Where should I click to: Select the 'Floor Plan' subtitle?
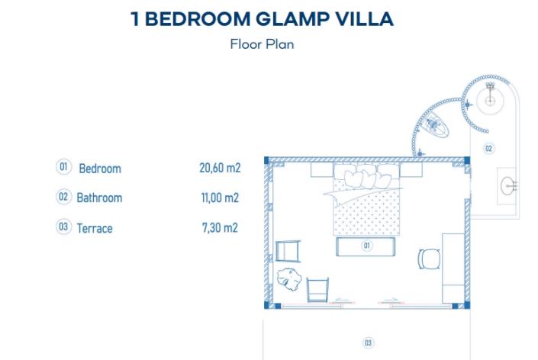(262, 43)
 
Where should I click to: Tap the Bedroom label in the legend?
(100, 169)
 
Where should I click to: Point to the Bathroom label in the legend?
(99, 198)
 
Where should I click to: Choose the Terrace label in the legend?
(95, 227)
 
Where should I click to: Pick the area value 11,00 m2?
(219, 198)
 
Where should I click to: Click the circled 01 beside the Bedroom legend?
(64, 167)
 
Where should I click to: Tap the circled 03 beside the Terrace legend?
(64, 227)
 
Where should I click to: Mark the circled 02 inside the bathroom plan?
(489, 148)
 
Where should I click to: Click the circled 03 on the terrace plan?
(368, 343)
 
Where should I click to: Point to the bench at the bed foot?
(366, 246)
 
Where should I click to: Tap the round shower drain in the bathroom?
(489, 99)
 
